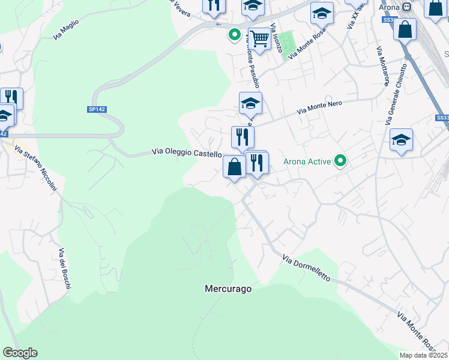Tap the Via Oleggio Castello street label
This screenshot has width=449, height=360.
click(187, 153)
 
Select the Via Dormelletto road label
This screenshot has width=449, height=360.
click(306, 268)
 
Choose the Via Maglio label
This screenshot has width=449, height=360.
click(66, 29)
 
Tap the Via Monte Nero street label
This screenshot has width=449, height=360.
click(319, 107)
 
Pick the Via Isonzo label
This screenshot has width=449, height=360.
click(276, 37)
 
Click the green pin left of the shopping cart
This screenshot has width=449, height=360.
click(234, 35)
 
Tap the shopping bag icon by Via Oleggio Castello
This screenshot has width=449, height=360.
click(234, 167)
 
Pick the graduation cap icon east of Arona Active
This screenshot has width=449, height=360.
click(401, 140)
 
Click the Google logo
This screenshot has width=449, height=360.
click(20, 353)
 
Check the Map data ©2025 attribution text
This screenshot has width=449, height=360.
click(424, 355)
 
